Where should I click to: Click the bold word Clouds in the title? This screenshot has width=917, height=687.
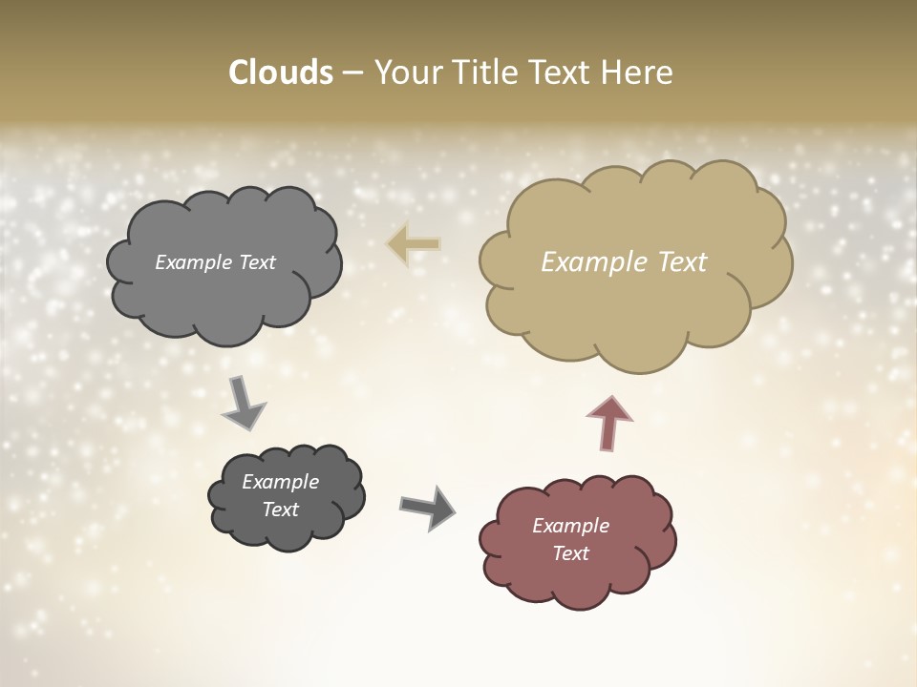(280, 73)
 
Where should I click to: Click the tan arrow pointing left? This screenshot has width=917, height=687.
(414, 244)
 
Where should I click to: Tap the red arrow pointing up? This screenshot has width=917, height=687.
(609, 422)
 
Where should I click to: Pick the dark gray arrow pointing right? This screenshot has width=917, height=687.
(428, 508)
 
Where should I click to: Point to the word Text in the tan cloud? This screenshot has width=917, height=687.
(682, 262)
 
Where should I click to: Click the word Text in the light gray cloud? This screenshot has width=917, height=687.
(257, 262)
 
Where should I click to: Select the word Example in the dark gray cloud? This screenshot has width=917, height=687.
(281, 482)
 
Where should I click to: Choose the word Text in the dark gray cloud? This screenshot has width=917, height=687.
(281, 510)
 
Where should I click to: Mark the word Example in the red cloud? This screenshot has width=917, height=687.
(570, 526)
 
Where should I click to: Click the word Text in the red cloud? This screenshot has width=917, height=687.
(570, 553)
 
